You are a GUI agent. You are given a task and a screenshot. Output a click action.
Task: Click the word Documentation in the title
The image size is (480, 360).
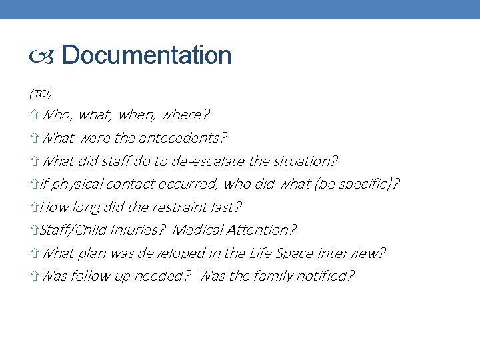[x=147, y=55]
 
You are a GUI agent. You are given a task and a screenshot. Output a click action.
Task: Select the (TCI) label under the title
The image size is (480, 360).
[x=41, y=92]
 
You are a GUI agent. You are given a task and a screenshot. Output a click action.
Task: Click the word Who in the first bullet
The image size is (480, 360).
[x=57, y=115]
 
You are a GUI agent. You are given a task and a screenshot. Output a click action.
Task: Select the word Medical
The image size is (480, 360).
[x=198, y=230]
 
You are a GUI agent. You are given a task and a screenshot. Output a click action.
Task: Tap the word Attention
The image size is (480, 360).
[x=261, y=230]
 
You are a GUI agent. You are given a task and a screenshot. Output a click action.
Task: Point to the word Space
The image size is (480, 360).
[x=293, y=253]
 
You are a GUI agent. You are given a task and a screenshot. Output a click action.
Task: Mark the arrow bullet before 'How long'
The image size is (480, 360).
[x=35, y=207]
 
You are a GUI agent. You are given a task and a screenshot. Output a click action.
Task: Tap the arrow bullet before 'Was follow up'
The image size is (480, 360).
[x=35, y=276]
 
